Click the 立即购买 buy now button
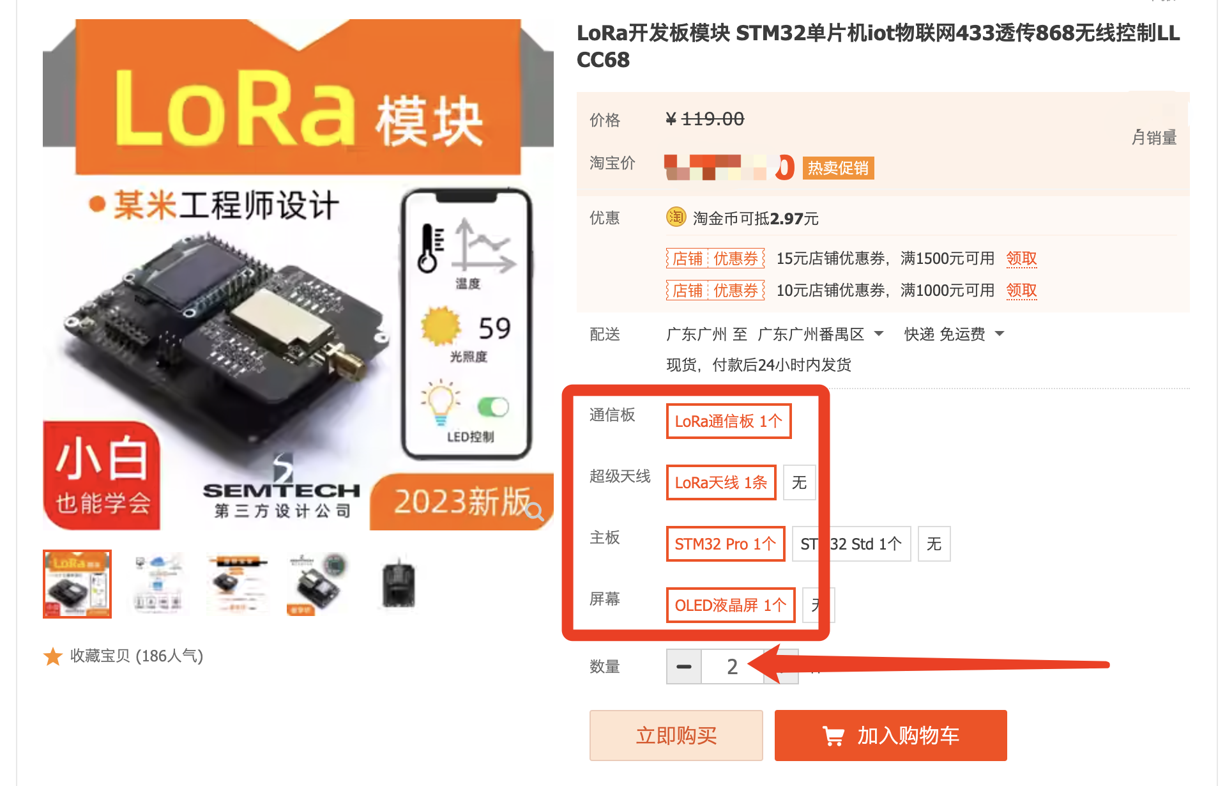[x=676, y=735]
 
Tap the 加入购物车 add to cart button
[x=890, y=735]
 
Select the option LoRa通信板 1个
[x=728, y=421]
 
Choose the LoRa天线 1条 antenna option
[x=720, y=482]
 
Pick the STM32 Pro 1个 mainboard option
[x=725, y=544]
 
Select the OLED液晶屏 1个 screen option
[x=730, y=605]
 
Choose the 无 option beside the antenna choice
[x=799, y=482]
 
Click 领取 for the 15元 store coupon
[x=1021, y=258]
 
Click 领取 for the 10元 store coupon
[x=1021, y=290]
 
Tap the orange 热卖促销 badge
[x=838, y=168]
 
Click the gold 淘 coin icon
[x=676, y=217]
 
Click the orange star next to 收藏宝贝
[x=53, y=656]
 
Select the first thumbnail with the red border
[x=77, y=584]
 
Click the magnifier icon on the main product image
[x=535, y=511]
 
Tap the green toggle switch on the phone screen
[x=493, y=407]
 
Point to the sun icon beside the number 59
[x=441, y=326]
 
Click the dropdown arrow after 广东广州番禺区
[x=879, y=334]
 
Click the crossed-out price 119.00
[x=712, y=119]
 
